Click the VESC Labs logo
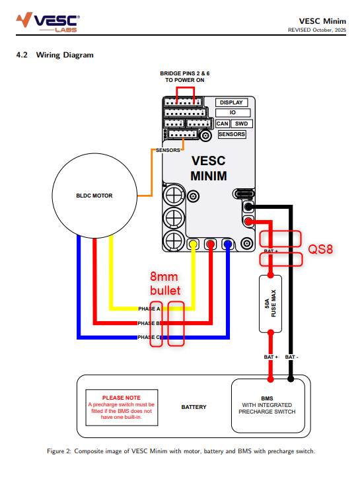tap(48, 22)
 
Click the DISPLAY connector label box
tap(231, 102)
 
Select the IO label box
tap(233, 112)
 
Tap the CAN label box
tap(223, 124)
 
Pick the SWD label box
tap(242, 124)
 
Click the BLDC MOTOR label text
tap(94, 196)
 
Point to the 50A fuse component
tap(271, 304)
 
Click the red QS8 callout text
tap(320, 249)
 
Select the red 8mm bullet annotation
tap(165, 283)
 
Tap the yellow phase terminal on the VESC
tap(193, 244)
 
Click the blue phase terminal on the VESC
tap(228, 244)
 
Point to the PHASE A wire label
tap(149, 309)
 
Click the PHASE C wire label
tap(149, 337)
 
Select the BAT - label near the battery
tap(291, 357)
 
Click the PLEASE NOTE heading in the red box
tap(122, 398)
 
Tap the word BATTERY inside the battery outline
tap(194, 407)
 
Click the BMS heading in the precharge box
tap(267, 398)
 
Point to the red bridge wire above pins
tap(185, 88)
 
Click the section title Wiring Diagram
tap(65, 55)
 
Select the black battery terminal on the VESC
tap(249, 207)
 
